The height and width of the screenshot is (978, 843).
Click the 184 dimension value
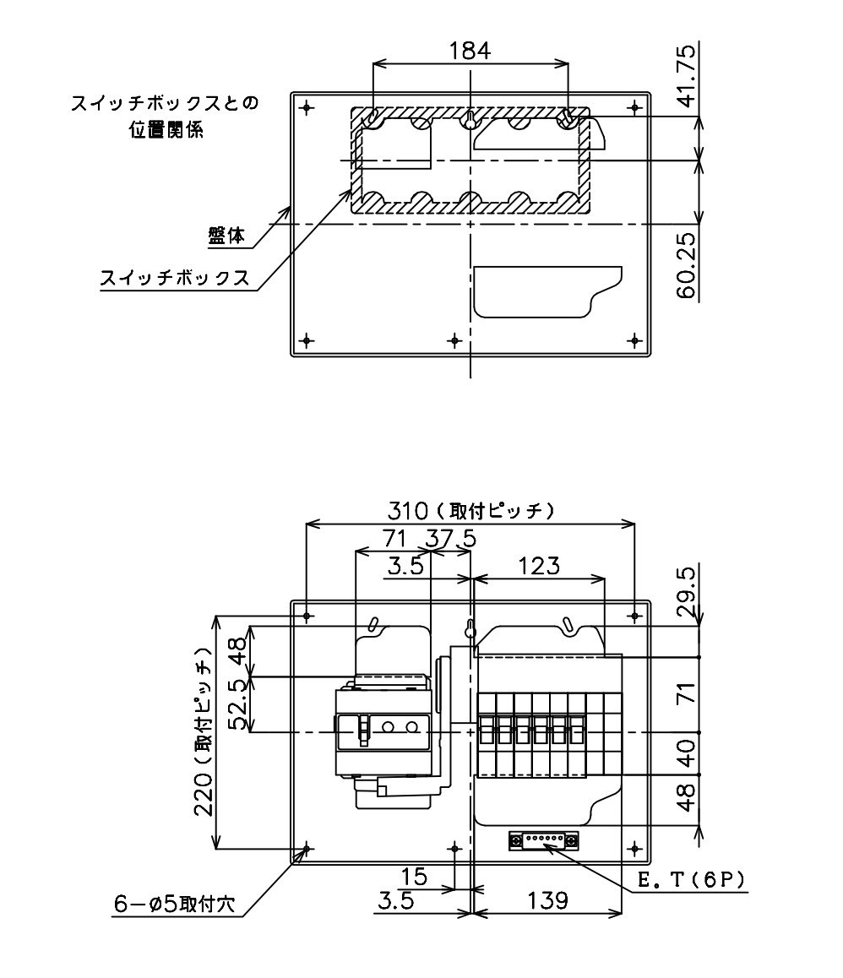[470, 51]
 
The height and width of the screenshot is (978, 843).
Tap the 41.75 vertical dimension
[686, 75]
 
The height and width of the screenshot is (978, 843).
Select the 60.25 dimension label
[686, 266]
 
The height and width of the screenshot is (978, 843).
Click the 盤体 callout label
[226, 236]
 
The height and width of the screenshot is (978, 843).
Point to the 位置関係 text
[166, 129]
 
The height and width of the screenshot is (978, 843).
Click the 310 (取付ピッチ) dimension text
[471, 512]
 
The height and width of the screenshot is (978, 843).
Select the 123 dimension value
[539, 566]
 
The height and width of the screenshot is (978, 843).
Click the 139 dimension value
[548, 900]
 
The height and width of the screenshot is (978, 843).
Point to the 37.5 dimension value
[451, 538]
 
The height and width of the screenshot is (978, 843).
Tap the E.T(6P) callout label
[692, 880]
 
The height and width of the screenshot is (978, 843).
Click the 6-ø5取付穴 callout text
[174, 904]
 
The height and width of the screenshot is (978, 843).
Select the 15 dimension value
[414, 877]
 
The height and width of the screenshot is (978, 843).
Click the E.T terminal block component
[543, 840]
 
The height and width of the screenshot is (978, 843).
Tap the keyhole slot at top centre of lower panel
[470, 631]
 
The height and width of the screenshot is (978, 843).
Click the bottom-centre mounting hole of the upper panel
[455, 340]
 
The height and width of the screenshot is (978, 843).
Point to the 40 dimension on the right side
[687, 753]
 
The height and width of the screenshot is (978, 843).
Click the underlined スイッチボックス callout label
[176, 278]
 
